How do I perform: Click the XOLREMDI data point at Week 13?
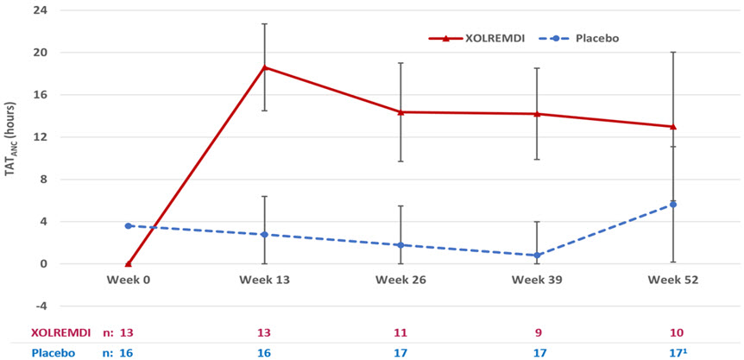[264, 67]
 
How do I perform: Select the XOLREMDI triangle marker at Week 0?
[128, 263]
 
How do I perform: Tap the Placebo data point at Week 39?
[537, 256]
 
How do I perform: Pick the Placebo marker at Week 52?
[673, 205]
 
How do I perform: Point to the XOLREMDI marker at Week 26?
[400, 112]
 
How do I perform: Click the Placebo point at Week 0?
[128, 226]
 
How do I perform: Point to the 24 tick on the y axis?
[39, 10]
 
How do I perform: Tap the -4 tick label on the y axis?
[39, 306]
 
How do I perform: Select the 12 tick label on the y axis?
[39, 137]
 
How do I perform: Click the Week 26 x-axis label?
[400, 281]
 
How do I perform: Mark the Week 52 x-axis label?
[673, 281]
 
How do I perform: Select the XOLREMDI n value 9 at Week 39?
[537, 332]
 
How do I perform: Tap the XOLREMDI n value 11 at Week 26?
[400, 332]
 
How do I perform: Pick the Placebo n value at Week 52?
[673, 352]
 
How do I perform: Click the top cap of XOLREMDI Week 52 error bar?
[673, 52]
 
